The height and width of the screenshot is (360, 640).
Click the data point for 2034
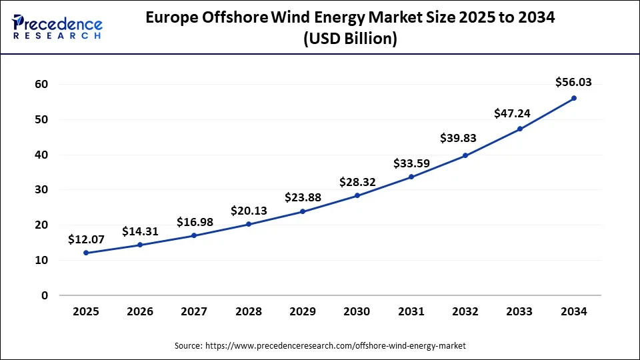pos(573,98)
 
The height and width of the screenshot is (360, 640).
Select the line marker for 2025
pos(86,253)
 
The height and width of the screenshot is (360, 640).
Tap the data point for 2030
pos(357,195)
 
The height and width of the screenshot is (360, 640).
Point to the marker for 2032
pos(465,155)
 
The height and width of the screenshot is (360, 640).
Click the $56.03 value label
pos(573,82)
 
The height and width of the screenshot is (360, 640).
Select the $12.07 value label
pos(86,239)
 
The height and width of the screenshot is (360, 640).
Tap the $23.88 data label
pos(303,197)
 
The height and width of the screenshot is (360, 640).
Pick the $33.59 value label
pos(411,163)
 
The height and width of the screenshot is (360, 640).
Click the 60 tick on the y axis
pos(41,85)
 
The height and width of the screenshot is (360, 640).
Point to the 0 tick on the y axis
pos(45,295)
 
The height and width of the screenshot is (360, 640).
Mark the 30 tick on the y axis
pos(41,190)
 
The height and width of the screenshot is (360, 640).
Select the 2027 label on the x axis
pos(194,311)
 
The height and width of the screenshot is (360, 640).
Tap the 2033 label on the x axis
pos(519,311)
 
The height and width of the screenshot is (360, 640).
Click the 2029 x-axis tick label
pos(303,311)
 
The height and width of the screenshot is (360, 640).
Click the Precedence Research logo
pos(57,27)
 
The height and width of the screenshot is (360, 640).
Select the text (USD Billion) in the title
pos(350,39)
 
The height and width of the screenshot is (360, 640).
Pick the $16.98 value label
pos(195,222)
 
